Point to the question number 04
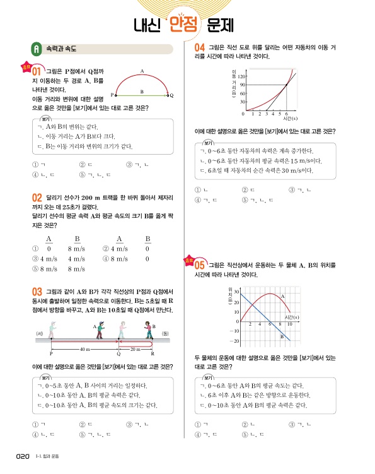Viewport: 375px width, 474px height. tap(200, 48)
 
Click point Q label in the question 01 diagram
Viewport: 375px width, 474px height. tap(171, 95)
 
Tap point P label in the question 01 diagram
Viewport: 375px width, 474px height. tap(112, 95)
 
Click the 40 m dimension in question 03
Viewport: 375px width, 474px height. tap(84, 350)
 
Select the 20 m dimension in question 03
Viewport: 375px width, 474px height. tap(136, 350)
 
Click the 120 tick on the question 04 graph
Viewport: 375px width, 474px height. tap(243, 76)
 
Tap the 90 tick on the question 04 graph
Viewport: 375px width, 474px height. tap(243, 85)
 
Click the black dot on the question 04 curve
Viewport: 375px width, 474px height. tap(287, 85)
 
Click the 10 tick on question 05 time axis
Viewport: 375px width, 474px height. tap(289, 324)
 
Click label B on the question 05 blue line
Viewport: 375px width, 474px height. tap(281, 337)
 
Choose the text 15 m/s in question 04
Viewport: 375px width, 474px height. tap(291, 160)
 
